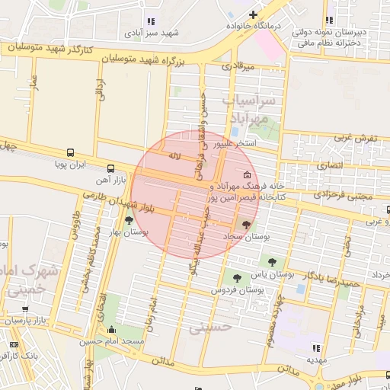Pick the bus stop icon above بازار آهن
(112, 168)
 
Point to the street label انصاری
(328, 165)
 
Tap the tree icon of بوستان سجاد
(245, 224)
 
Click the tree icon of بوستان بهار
(128, 221)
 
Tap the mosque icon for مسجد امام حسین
(113, 330)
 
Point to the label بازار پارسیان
(43, 321)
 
